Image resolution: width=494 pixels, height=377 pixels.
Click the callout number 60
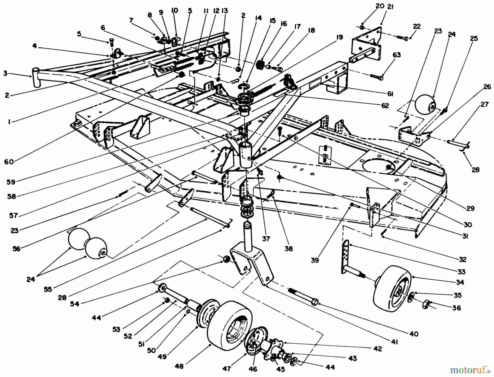(x=9, y=162)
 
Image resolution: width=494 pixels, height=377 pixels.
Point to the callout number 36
(x=456, y=308)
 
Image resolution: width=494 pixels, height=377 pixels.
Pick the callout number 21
(x=390, y=7)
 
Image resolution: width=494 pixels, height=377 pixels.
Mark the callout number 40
(x=414, y=334)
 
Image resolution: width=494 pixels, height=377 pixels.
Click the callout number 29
(x=470, y=208)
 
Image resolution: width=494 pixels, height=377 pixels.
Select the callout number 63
(x=396, y=55)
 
